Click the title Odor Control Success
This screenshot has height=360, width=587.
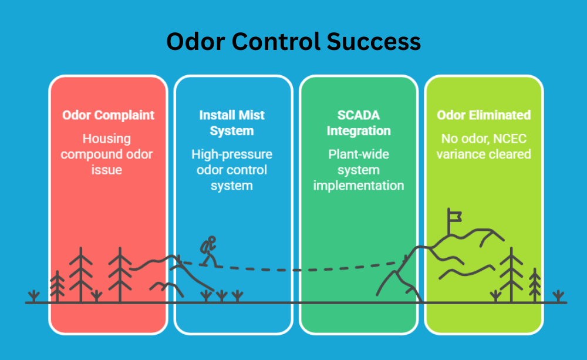(x=293, y=42)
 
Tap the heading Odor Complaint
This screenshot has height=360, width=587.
(x=109, y=115)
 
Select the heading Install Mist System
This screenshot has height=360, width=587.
(x=232, y=123)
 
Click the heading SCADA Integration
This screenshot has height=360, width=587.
(x=359, y=123)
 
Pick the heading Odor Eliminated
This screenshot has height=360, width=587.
(x=484, y=115)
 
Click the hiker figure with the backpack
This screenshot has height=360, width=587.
(x=208, y=251)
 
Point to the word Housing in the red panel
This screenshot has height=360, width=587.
(x=107, y=139)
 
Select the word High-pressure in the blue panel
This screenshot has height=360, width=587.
(x=232, y=154)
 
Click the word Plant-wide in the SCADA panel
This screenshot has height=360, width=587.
(x=359, y=154)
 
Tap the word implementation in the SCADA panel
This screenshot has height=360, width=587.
(x=359, y=185)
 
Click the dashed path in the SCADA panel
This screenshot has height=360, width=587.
(x=352, y=270)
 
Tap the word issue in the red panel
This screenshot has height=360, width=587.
(x=107, y=170)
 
